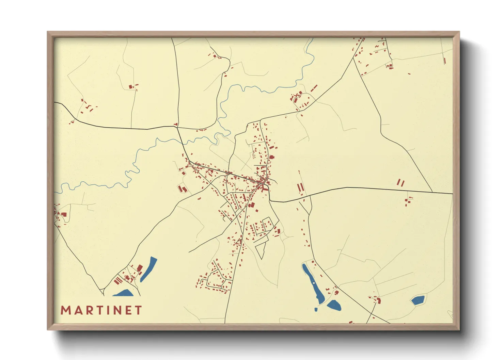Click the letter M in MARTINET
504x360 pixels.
coord(65,310)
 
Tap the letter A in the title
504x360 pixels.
coord(78,310)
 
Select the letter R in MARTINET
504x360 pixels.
coord(89,310)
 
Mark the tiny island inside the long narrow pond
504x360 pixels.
coord(313,282)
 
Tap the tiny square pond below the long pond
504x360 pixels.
coord(316,310)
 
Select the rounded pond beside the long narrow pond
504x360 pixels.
coord(334,305)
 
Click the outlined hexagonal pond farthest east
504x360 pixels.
coord(418,300)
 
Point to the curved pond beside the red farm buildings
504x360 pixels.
coord(149,268)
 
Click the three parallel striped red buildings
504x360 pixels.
coord(118,280)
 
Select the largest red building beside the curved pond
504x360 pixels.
coord(139,268)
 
